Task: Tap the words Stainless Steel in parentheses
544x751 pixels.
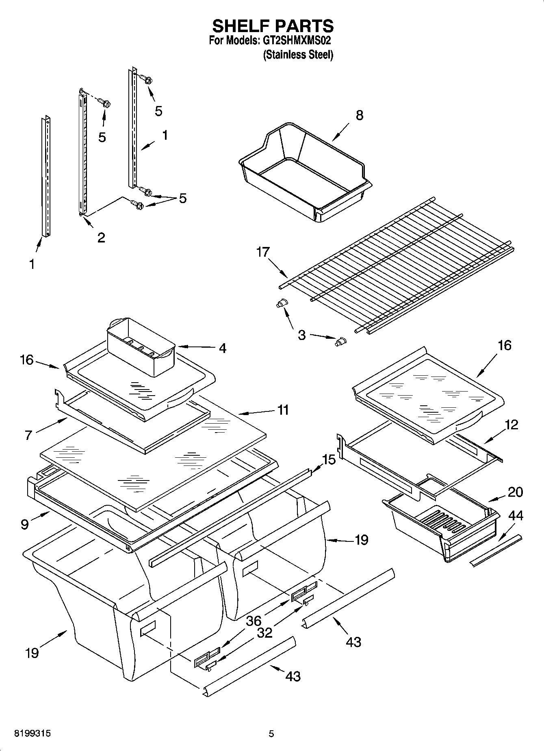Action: [298, 55]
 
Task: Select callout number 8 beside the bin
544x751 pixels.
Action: [359, 115]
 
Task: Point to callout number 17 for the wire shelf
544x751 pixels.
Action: [263, 252]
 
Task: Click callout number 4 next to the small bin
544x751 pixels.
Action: [223, 348]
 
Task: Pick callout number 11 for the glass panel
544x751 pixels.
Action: [283, 410]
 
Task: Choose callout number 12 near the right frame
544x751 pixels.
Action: [512, 425]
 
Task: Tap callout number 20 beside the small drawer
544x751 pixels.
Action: [515, 492]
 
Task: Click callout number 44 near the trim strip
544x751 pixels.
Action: [516, 516]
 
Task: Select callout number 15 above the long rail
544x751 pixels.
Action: [329, 460]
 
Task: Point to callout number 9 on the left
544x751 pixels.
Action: [25, 524]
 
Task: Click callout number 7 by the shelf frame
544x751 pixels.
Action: [28, 435]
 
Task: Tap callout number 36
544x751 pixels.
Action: [254, 621]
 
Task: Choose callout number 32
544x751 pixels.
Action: [264, 633]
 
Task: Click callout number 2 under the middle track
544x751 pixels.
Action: [101, 237]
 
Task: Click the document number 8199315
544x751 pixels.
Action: [33, 734]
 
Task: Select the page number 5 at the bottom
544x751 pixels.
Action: [271, 734]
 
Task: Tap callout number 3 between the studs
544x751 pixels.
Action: [301, 335]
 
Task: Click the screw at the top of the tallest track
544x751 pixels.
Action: [146, 79]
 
